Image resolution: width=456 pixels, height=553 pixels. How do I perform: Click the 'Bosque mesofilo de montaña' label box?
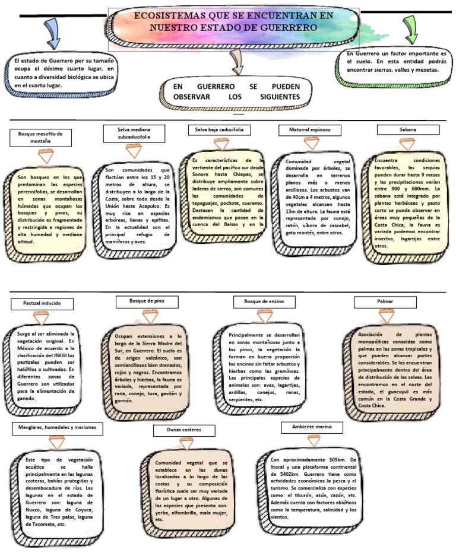coord(40,138)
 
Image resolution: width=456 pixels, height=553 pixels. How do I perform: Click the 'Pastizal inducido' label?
coord(43,304)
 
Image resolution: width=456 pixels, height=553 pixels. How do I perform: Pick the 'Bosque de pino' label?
coord(146,301)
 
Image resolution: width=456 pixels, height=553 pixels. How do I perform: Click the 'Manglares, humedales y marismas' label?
coord(57,427)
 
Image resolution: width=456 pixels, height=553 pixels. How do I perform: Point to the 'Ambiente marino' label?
coord(312,427)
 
